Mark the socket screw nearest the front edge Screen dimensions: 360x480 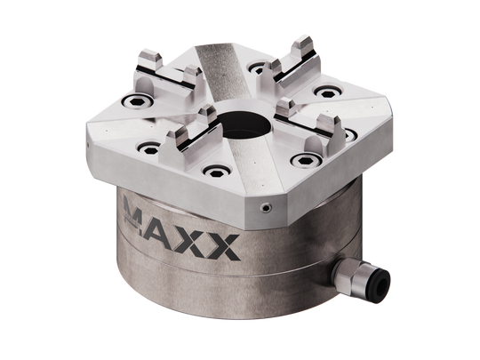coord(212,170)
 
